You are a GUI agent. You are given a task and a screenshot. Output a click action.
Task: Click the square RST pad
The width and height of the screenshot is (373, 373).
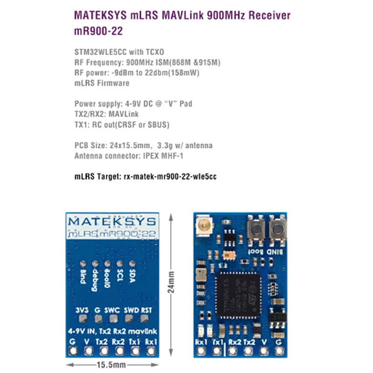145,319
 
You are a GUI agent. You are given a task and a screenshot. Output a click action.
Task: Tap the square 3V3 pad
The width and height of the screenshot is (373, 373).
82,319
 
